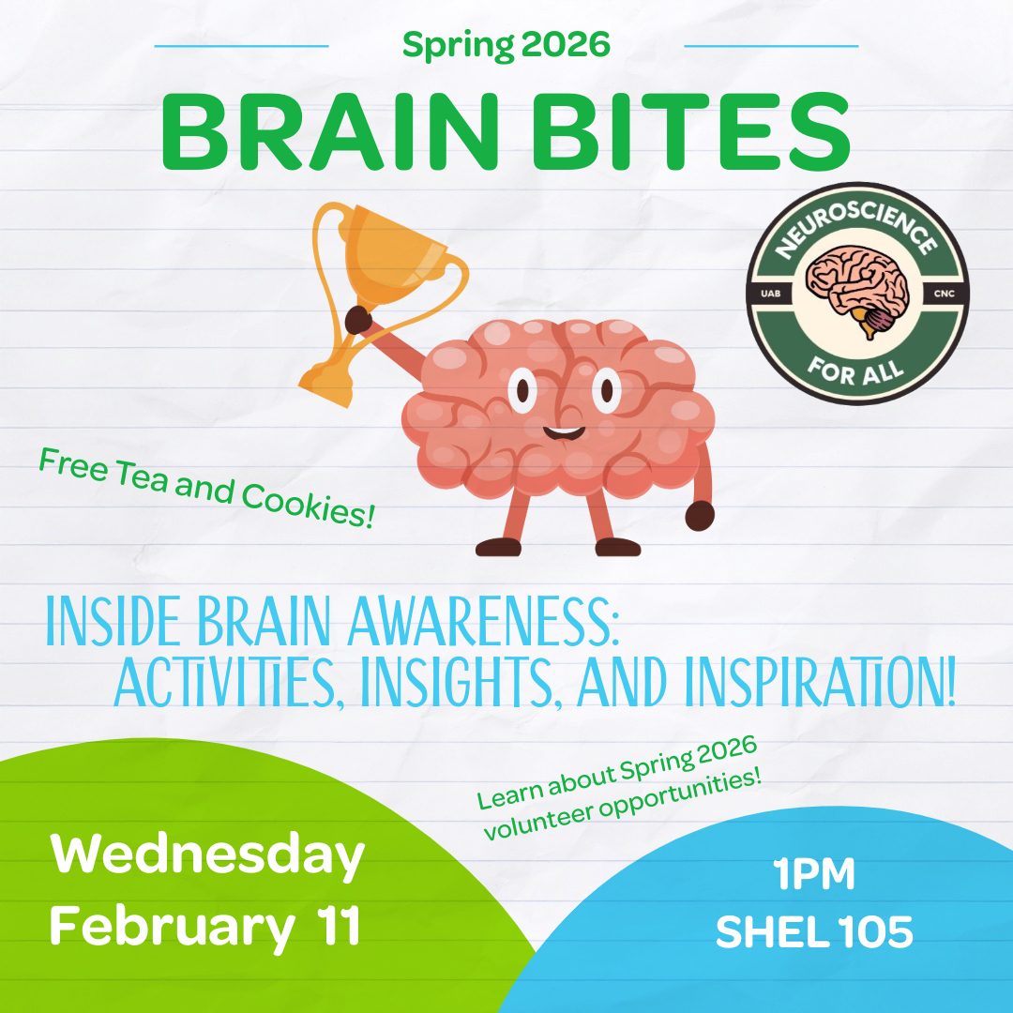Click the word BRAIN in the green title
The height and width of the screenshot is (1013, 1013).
click(329, 132)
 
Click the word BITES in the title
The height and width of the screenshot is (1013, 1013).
click(690, 132)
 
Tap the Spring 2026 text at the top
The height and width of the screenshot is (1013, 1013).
click(506, 45)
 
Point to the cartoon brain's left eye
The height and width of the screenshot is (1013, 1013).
click(522, 390)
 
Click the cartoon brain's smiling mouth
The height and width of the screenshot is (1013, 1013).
click(564, 433)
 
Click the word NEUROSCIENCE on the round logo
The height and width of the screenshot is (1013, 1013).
click(856, 226)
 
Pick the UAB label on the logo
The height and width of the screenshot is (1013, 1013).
click(771, 294)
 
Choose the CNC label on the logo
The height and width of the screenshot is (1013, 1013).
click(944, 294)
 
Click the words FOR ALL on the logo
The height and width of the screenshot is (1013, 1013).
click(854, 371)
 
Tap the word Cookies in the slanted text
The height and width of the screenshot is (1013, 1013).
click(309, 505)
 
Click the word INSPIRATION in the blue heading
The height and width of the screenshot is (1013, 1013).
click(820, 682)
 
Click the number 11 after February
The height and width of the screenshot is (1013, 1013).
click(339, 925)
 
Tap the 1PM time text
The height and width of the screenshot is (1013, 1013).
click(814, 874)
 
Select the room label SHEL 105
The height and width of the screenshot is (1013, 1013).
click(815, 931)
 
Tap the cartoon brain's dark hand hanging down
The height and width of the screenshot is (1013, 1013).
click(700, 516)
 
